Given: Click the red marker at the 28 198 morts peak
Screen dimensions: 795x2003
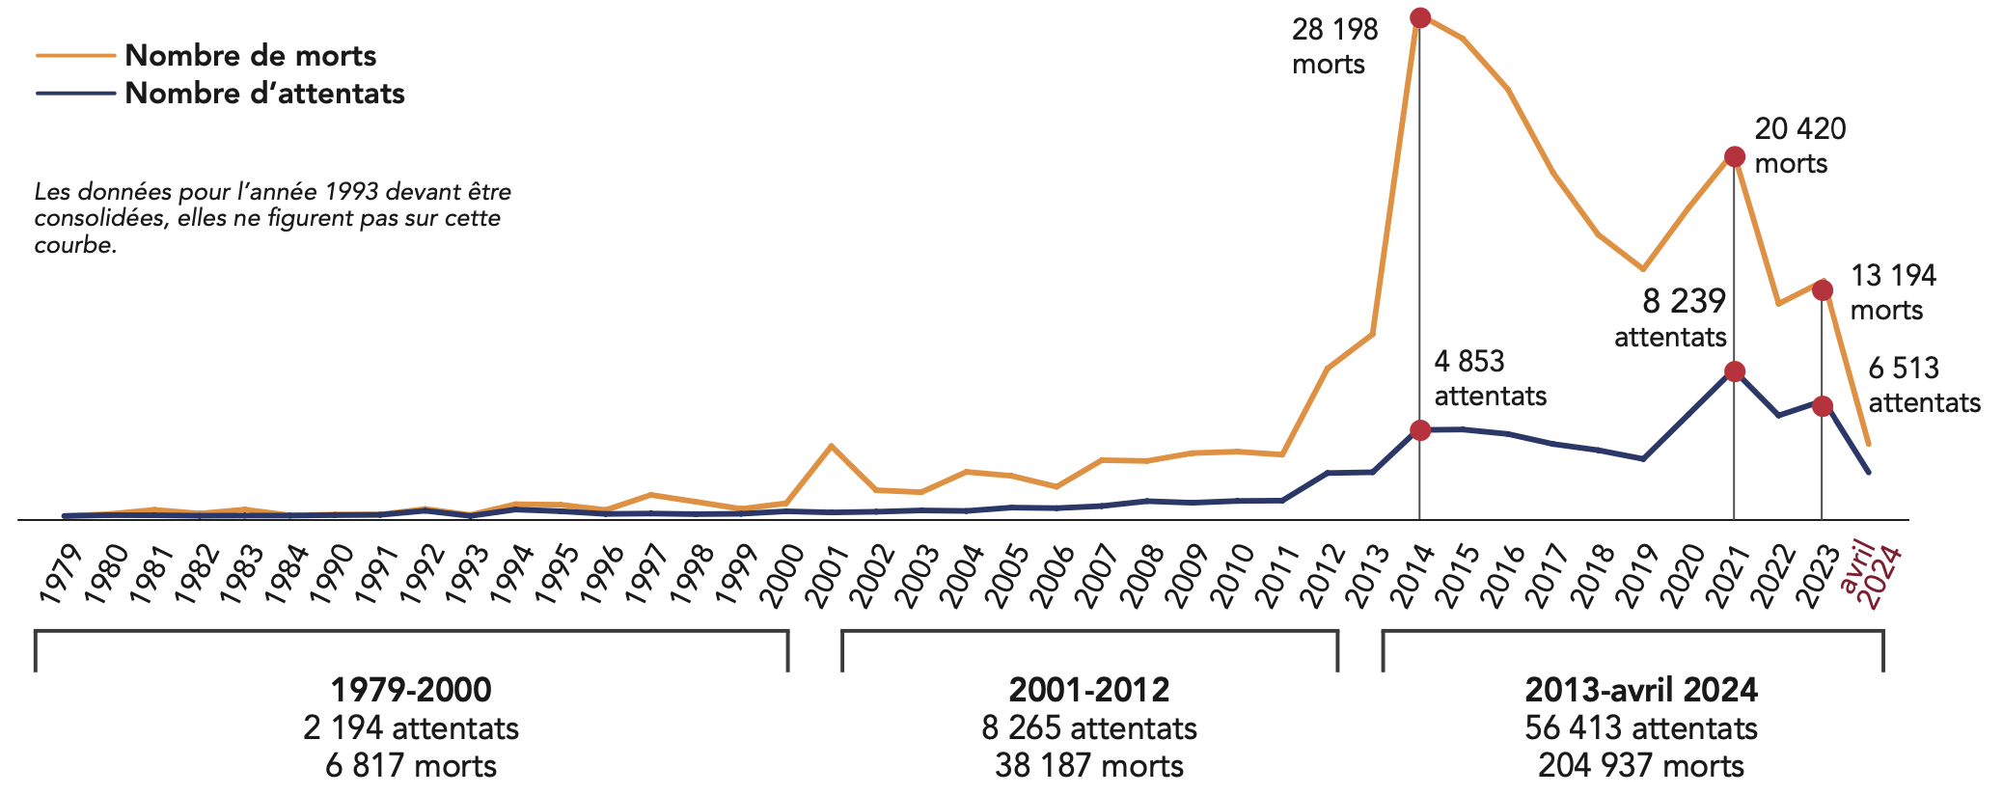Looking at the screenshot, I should coord(1419,17).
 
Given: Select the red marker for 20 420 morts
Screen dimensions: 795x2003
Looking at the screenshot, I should coord(1734,157).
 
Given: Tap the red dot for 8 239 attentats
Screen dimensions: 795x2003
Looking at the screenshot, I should coord(1734,371).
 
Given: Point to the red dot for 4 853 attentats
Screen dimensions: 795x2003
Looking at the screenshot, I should coord(1419,430).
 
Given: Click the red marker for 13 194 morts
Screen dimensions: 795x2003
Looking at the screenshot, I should coord(1823,290).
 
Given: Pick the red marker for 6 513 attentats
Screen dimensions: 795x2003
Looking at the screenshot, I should coord(1822,406).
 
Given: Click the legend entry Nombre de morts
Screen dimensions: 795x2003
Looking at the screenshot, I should coord(250,56).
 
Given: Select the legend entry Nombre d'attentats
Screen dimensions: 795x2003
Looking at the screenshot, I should coord(264,94).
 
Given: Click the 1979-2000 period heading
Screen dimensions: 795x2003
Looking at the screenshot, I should coord(411,690).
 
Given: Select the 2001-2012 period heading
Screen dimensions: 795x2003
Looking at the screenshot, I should coord(1089,690).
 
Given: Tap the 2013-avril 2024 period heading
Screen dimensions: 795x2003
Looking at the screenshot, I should coord(1641,690).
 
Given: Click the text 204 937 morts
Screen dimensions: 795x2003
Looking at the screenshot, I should coord(1641,765).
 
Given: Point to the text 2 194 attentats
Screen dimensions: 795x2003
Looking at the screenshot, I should coord(411,727).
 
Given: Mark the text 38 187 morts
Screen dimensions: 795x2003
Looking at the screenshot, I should coord(1089,765).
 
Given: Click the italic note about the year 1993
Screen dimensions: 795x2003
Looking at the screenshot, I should coord(272,218).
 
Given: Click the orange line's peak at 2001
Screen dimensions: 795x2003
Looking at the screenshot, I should coord(831,446).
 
